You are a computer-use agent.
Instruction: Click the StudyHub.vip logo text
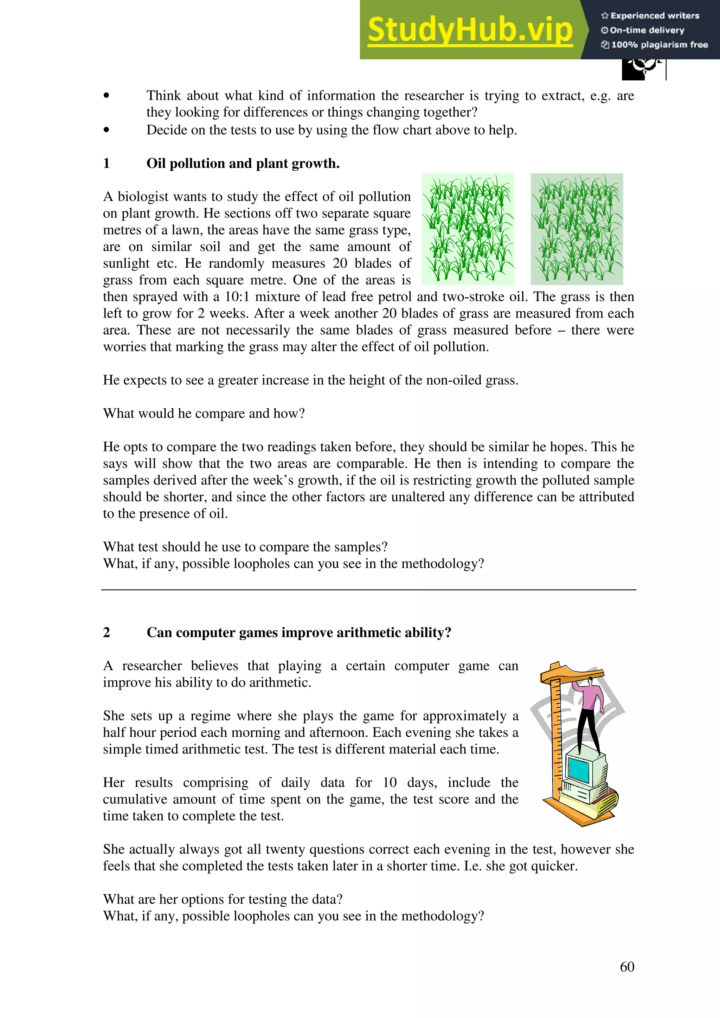point(470,30)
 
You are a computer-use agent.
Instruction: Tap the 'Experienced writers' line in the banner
point(650,15)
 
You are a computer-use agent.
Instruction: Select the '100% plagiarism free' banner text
point(655,44)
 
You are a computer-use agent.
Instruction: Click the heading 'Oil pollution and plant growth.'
point(243,164)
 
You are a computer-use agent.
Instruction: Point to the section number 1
point(107,164)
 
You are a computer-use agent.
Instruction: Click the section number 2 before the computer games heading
point(107,632)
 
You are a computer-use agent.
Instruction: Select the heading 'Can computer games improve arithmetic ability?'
point(298,632)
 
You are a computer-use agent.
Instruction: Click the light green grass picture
point(468,229)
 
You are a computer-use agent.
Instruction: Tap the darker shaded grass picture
point(577,229)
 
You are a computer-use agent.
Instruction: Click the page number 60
point(627,967)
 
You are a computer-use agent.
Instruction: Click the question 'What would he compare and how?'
point(204,413)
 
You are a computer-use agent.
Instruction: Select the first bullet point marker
point(106,95)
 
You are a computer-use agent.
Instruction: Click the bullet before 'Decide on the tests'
point(106,130)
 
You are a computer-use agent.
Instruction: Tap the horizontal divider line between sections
point(368,590)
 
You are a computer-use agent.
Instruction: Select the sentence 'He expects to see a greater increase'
point(310,380)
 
